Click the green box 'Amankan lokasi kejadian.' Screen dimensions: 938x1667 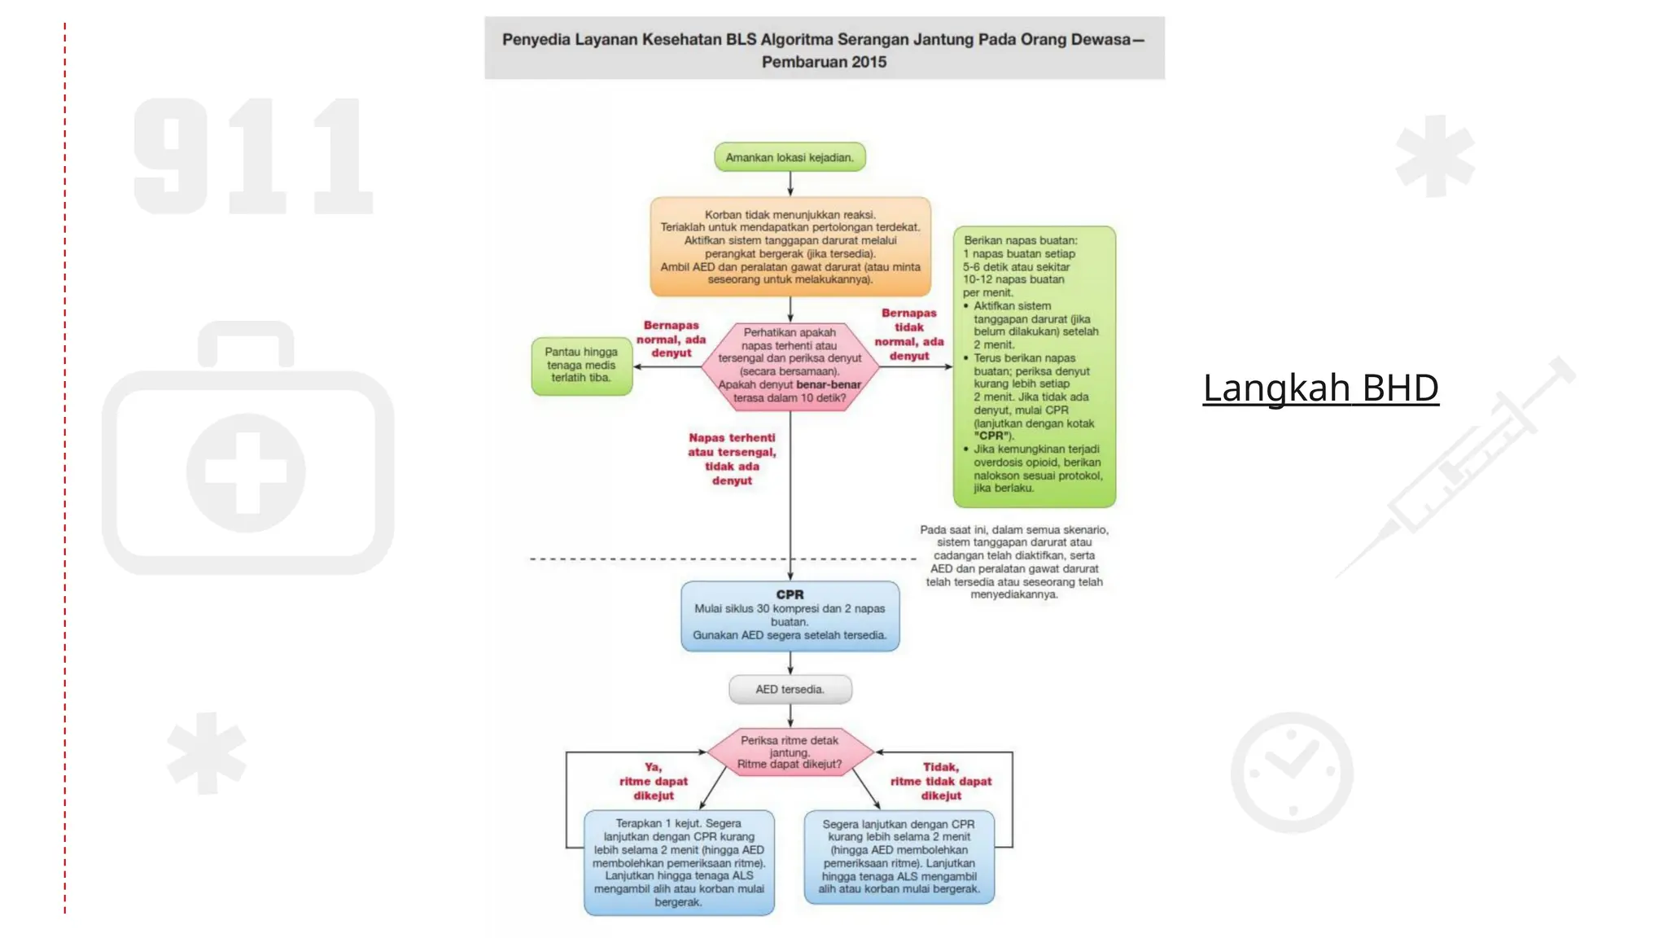pyautogui.click(x=790, y=157)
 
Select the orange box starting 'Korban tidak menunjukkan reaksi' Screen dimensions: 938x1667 pyautogui.click(x=790, y=247)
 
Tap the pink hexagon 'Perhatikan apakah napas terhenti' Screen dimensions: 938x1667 pyautogui.click(x=790, y=366)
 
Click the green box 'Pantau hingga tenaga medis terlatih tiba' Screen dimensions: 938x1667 pyautogui.click(x=581, y=366)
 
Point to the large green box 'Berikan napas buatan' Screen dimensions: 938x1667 pyautogui.click(x=1034, y=366)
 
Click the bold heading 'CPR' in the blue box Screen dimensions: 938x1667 pyautogui.click(x=790, y=594)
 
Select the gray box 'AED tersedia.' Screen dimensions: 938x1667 pyautogui.click(x=790, y=689)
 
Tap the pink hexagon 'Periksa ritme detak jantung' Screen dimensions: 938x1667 pyautogui.click(x=790, y=752)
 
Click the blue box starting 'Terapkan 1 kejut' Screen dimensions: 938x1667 pyautogui.click(x=679, y=862)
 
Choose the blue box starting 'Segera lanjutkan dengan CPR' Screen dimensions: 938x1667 pyautogui.click(x=899, y=857)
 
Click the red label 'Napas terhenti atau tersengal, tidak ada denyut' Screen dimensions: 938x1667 pyautogui.click(x=732, y=459)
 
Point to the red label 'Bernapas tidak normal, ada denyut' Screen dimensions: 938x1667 pyautogui.click(x=908, y=335)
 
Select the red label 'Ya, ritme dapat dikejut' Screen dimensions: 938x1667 pyautogui.click(x=654, y=782)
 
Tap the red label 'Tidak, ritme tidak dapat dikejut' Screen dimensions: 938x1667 pyautogui.click(x=941, y=782)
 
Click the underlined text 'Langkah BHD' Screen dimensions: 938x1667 pyautogui.click(x=1320, y=388)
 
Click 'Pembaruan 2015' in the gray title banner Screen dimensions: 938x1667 pyautogui.click(x=824, y=62)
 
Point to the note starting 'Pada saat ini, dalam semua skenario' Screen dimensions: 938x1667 pyautogui.click(x=1014, y=562)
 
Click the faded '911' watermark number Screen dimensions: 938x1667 pyautogui.click(x=252, y=156)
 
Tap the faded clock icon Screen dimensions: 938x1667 pyautogui.click(x=1292, y=772)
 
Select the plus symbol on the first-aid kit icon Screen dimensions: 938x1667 pyautogui.click(x=246, y=471)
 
